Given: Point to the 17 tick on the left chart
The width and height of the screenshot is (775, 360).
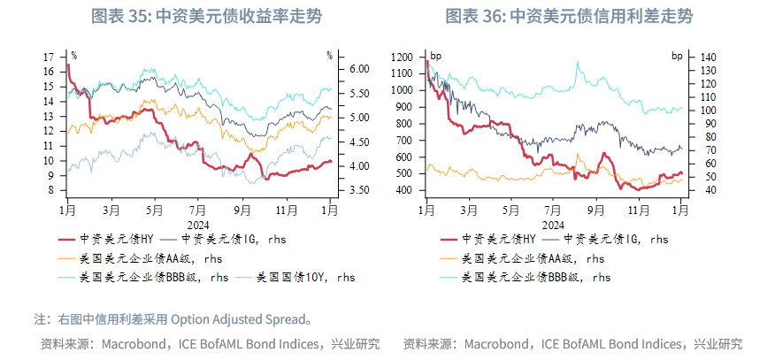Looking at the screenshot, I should click(x=48, y=57).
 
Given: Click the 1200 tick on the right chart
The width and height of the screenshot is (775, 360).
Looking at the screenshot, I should click(x=401, y=57).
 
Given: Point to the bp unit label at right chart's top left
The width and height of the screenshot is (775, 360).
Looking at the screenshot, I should click(x=436, y=56).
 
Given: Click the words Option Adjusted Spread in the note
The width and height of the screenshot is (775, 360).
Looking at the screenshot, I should click(x=235, y=318).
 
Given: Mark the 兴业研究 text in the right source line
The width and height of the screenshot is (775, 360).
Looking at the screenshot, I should click(x=717, y=343).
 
